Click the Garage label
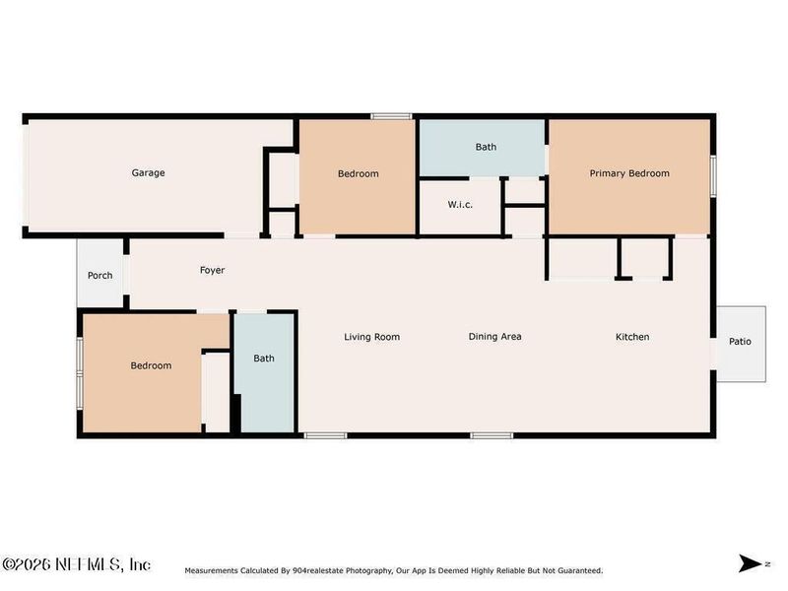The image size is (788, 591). (149, 173)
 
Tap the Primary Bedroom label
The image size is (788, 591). (629, 173)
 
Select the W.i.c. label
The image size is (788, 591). (461, 205)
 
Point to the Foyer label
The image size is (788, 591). (213, 270)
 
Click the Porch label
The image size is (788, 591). (99, 276)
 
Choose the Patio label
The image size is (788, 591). (740, 342)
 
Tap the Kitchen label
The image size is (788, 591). (632, 337)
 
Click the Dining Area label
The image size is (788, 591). (494, 337)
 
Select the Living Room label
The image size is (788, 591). (371, 337)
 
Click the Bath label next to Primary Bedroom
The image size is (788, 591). (486, 148)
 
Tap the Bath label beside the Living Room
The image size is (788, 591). (264, 359)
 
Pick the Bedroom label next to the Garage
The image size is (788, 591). (358, 174)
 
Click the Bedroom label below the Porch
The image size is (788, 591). (151, 366)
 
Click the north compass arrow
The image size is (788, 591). (752, 564)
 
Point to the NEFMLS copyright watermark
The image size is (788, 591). (77, 564)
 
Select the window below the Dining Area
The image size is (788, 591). (491, 435)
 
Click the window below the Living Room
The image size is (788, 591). (325, 435)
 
